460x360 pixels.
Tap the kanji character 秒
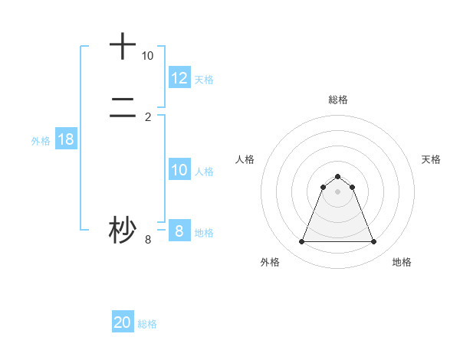123,230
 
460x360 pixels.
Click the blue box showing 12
179,77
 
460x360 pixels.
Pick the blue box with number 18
65,139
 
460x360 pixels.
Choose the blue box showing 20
123,322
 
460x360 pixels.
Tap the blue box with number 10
179,170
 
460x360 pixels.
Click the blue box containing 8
179,231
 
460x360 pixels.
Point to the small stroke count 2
148,116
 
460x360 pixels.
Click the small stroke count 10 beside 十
147,56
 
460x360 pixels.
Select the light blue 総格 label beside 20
148,324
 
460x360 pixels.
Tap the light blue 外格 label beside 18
41,141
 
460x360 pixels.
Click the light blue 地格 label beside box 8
204,232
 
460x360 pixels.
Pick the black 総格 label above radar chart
338,100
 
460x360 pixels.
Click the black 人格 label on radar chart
245,159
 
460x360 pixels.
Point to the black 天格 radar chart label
431,159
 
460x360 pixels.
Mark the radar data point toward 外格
301,242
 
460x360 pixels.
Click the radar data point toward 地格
374,242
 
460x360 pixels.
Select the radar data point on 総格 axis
338,176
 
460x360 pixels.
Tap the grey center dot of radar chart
338,191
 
